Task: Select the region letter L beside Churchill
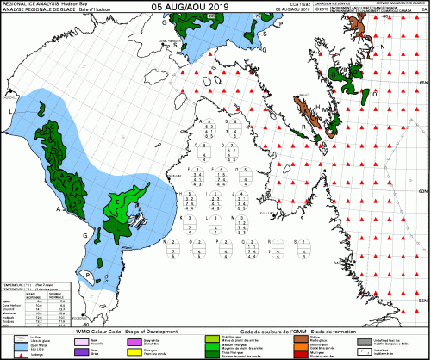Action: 10,112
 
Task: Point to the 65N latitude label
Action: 423,81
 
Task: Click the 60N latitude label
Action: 423,190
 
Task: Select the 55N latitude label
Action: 423,299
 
